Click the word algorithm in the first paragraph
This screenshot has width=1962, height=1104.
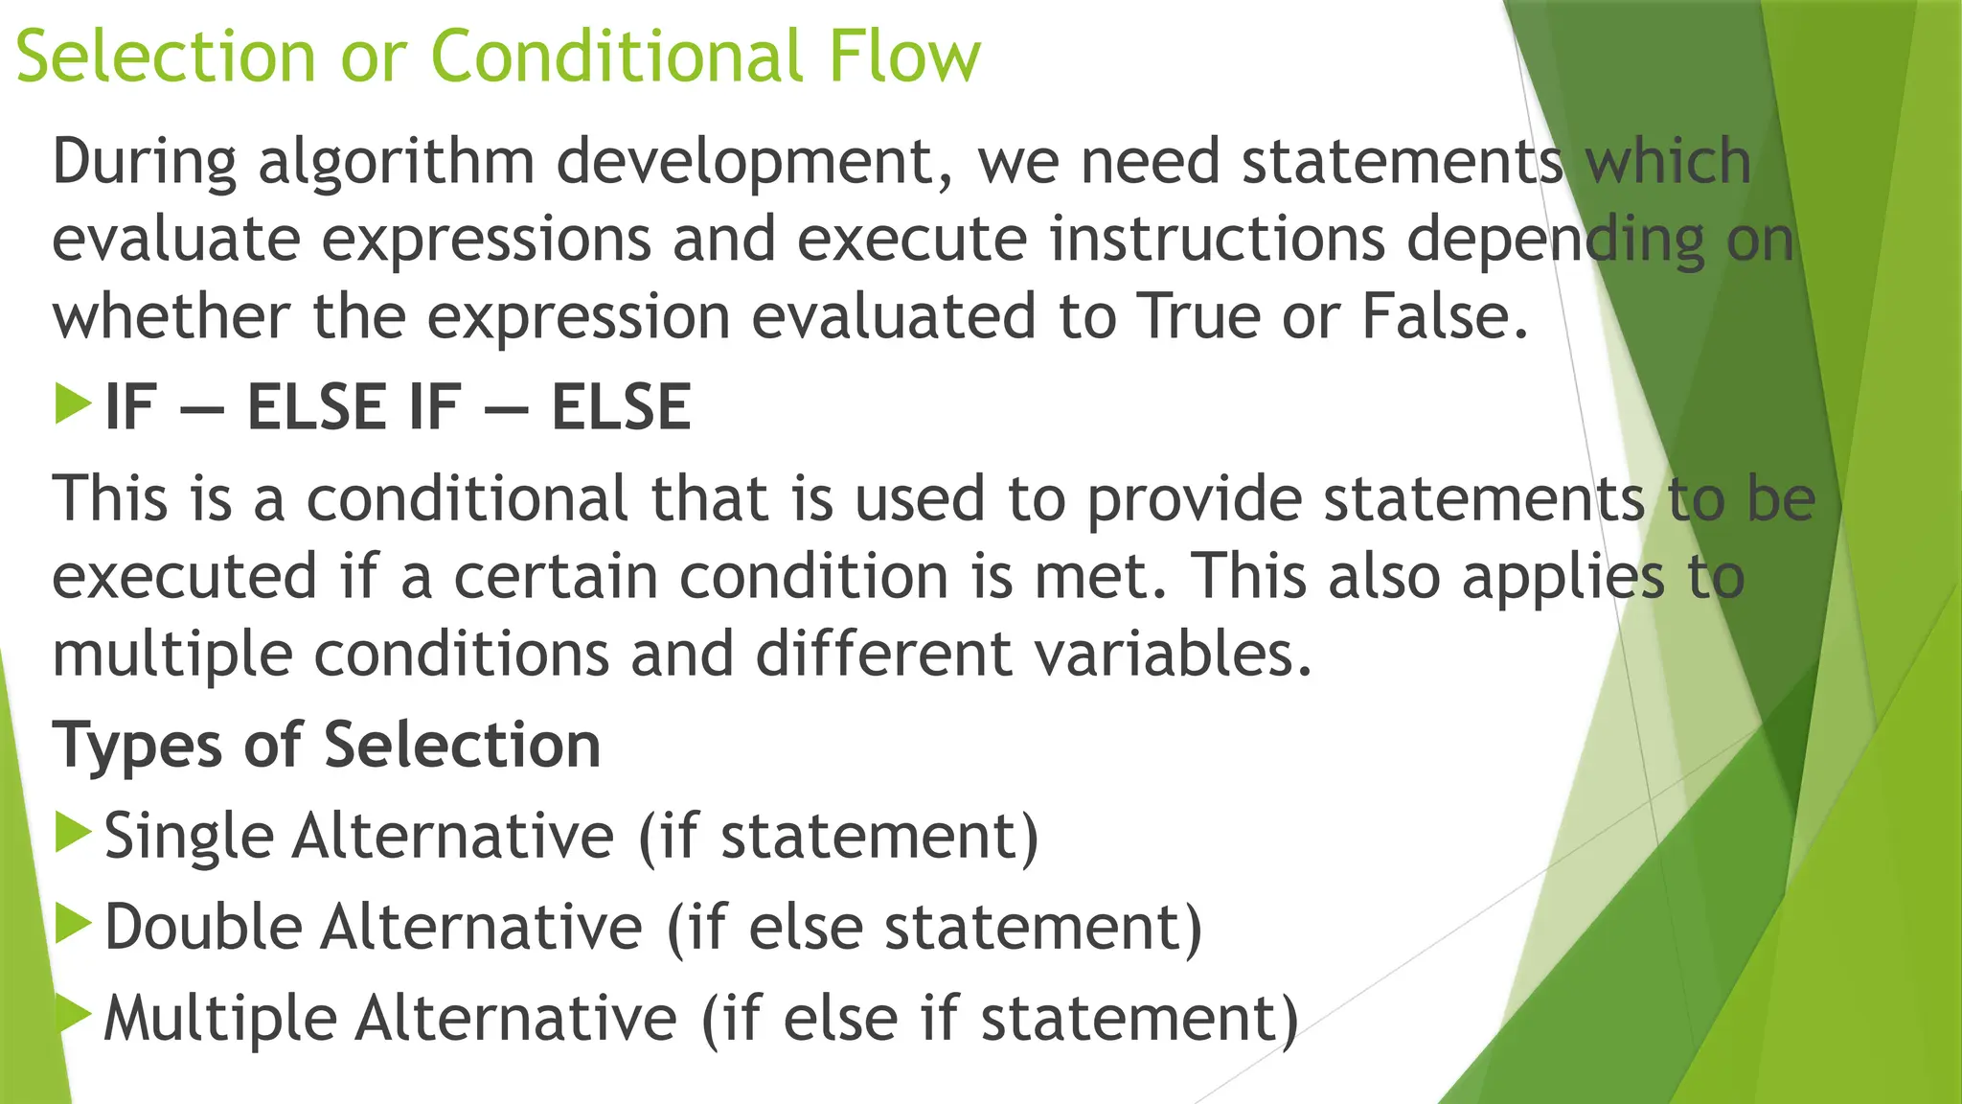pos(396,162)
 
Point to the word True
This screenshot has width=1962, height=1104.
pos(1198,317)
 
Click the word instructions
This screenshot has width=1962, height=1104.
pos(1217,240)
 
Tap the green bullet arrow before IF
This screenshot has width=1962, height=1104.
pos(73,404)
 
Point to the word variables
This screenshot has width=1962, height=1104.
pos(1173,655)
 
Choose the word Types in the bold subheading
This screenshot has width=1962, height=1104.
pos(137,747)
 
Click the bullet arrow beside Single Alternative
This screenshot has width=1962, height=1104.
pos(73,833)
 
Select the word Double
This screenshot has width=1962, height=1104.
pos(203,928)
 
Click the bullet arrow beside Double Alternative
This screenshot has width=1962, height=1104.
pos(73,924)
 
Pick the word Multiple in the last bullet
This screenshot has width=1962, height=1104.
pos(219,1019)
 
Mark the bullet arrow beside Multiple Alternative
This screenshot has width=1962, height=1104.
pos(73,1013)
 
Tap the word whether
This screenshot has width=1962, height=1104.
pos(171,317)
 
